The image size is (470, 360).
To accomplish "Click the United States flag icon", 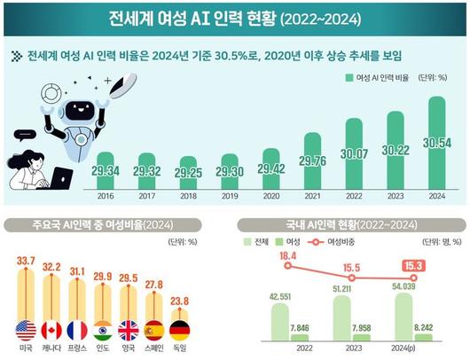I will pos(25,331).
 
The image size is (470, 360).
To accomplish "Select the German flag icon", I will pos(179,331).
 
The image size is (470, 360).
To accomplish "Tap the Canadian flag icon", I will pos(51,331).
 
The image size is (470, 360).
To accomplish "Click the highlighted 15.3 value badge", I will pos(412,264).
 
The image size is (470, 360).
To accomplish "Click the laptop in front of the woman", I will pos(59,178).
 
